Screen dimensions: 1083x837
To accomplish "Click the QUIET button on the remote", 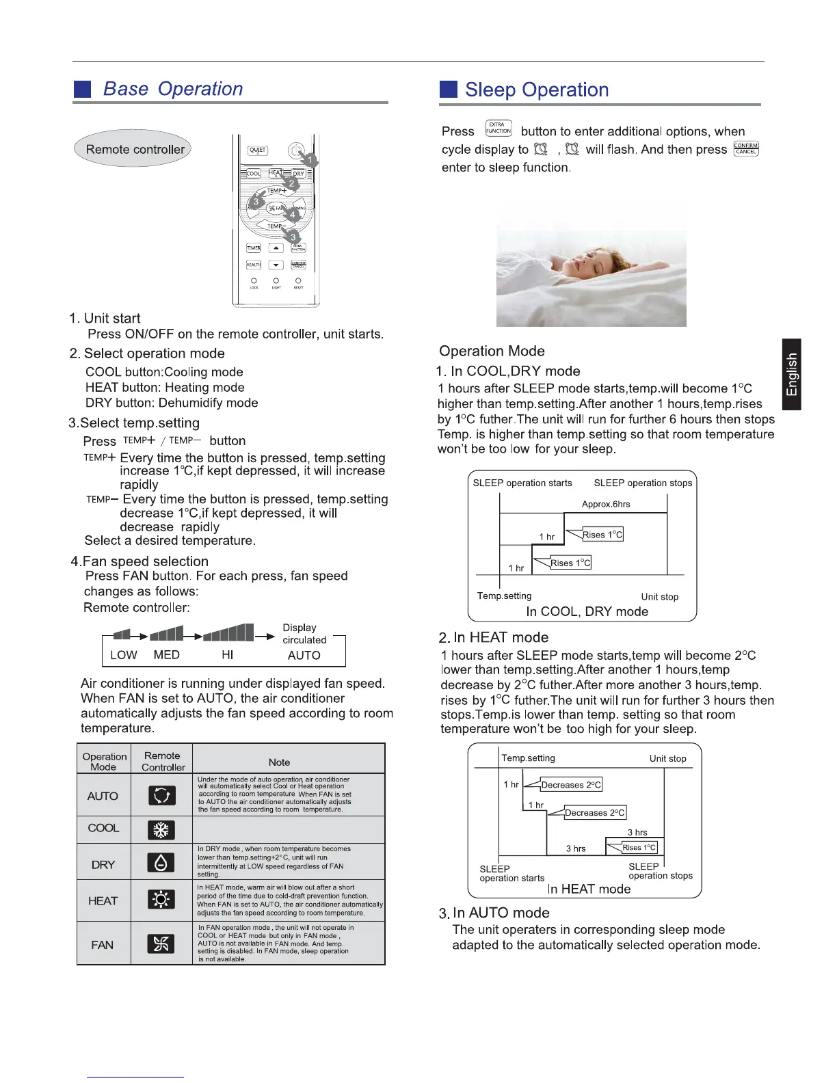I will click(x=257, y=150).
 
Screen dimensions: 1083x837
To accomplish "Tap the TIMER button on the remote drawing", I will click(x=254, y=248).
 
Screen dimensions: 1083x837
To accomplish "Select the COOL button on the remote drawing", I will click(x=253, y=174).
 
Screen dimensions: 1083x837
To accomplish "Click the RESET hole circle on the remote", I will click(x=298, y=281).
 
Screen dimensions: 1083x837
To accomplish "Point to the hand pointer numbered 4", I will click(x=293, y=215).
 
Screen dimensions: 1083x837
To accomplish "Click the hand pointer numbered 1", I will click(x=310, y=160).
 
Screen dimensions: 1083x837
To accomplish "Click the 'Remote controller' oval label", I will click(x=135, y=149).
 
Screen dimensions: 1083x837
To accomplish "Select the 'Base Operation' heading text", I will click(x=173, y=89).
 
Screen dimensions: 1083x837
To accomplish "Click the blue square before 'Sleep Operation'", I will click(x=448, y=90).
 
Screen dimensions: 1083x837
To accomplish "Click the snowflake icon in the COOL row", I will click(x=161, y=829).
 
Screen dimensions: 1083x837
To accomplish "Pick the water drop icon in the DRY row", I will click(x=161, y=864).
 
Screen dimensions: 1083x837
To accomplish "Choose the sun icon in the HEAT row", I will click(x=161, y=899).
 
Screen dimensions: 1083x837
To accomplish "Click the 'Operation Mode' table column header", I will click(x=104, y=761).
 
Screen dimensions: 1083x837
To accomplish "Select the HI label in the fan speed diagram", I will click(x=228, y=654).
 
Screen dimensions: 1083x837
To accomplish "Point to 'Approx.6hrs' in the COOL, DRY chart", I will click(x=606, y=504).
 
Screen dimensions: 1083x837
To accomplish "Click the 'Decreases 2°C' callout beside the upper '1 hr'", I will click(x=571, y=785).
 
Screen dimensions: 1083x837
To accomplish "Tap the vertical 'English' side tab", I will click(x=791, y=374).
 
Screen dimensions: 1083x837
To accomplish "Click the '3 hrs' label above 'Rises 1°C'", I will click(x=637, y=832).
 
